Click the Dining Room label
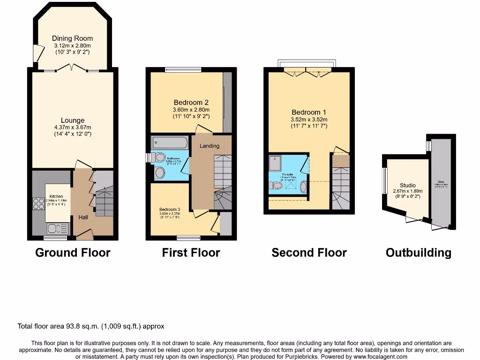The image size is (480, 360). [72, 38]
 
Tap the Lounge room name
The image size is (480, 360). [72, 120]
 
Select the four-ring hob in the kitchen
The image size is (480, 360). [38, 203]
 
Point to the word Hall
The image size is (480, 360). [83, 217]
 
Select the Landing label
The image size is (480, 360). [210, 146]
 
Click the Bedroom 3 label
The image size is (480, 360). [170, 210]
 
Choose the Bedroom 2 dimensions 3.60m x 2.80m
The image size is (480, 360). [191, 110]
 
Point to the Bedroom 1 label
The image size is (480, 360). [309, 112]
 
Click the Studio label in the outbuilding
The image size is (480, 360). [407, 185]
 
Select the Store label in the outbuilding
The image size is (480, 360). [441, 181]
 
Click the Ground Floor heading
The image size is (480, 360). [73, 253]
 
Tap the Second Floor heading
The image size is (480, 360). [309, 253]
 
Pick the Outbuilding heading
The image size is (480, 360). [418, 253]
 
